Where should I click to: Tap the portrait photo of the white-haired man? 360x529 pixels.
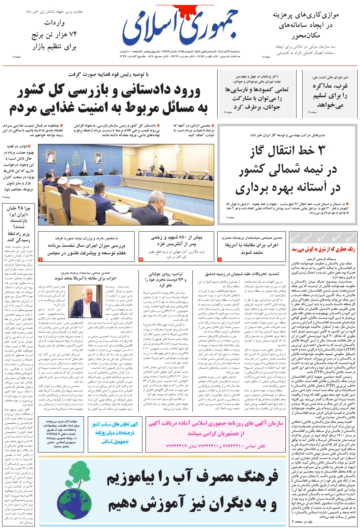(x=86, y=302)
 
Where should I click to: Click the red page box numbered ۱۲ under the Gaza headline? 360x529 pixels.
(x=141, y=259)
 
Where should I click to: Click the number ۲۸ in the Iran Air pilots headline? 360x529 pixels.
(x=21, y=208)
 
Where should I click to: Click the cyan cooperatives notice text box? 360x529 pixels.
(x=115, y=433)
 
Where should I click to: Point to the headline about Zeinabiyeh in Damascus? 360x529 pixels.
(x=242, y=274)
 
